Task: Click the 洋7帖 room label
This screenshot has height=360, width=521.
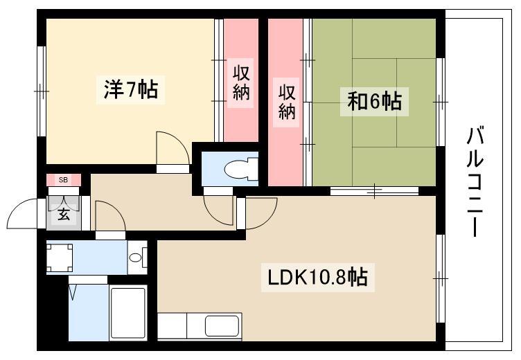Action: (x=130, y=89)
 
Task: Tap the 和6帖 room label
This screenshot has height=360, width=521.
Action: (x=374, y=101)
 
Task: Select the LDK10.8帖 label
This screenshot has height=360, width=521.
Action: (x=317, y=278)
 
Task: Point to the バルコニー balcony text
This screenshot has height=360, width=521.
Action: (x=475, y=182)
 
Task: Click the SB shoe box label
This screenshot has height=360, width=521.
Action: (x=63, y=180)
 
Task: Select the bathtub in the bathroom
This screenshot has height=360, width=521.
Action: (x=128, y=313)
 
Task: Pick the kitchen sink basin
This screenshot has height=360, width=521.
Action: (x=222, y=326)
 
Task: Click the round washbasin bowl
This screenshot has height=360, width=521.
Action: (x=135, y=258)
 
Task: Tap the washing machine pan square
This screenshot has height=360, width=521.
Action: (x=60, y=258)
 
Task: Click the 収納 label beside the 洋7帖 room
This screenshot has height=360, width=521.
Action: (x=241, y=82)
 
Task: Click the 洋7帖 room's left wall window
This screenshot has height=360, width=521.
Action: (x=41, y=91)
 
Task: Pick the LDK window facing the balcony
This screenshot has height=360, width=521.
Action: (x=441, y=278)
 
